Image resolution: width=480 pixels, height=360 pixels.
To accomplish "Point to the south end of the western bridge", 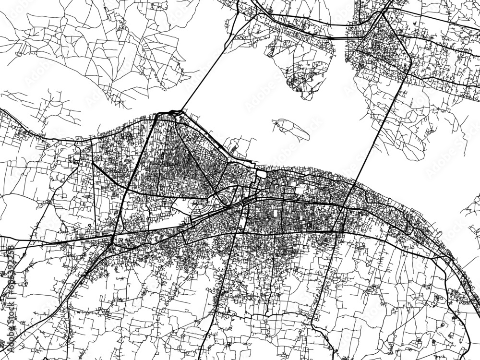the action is (180, 112).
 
